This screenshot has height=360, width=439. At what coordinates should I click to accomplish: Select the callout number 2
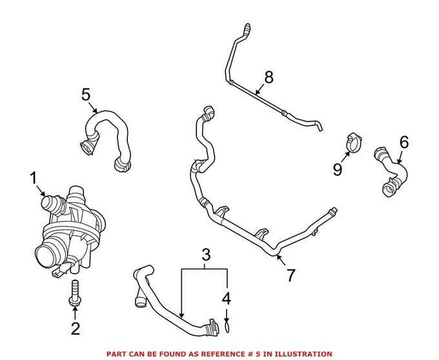click(x=75, y=329)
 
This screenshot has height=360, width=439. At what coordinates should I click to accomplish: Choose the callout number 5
click(x=87, y=95)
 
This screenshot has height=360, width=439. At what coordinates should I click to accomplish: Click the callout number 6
click(x=404, y=142)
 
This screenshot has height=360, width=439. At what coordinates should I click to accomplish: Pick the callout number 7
click(x=291, y=275)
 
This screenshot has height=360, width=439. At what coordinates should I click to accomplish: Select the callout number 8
click(x=268, y=77)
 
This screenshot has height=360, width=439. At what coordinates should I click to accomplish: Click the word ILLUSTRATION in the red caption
click(x=305, y=354)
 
